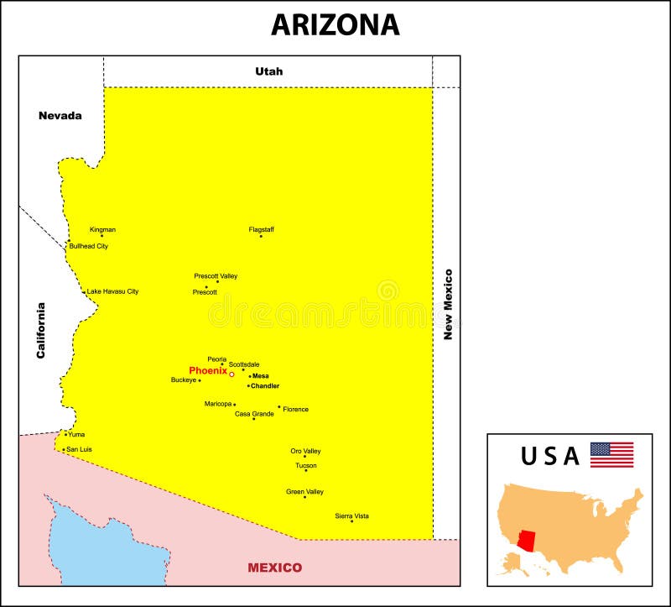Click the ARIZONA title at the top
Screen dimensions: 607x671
pyautogui.click(x=335, y=24)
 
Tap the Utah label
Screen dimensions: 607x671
pyautogui.click(x=269, y=71)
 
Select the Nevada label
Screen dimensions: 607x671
pyautogui.click(x=60, y=115)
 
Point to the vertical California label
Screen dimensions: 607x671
pyautogui.click(x=40, y=330)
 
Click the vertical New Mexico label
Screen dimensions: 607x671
pyautogui.click(x=448, y=304)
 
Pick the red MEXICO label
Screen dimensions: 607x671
pyautogui.click(x=274, y=568)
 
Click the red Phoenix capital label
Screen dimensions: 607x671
pyautogui.click(x=207, y=370)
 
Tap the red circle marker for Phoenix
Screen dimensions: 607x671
pyautogui.click(x=231, y=374)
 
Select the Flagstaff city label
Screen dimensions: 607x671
pyautogui.click(x=261, y=229)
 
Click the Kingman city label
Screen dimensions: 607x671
pyautogui.click(x=102, y=229)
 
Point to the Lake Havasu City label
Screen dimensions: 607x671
pyautogui.click(x=113, y=291)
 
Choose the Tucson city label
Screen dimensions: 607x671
pyautogui.click(x=305, y=465)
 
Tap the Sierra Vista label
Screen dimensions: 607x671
pyautogui.click(x=351, y=515)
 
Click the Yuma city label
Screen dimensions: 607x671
pyautogui.click(x=76, y=435)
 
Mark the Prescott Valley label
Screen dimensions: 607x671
pyautogui.click(x=216, y=275)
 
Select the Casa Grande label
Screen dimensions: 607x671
pyautogui.click(x=254, y=414)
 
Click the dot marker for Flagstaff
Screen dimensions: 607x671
pyautogui.click(x=260, y=236)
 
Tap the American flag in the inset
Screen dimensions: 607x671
pyautogui.click(x=611, y=455)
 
